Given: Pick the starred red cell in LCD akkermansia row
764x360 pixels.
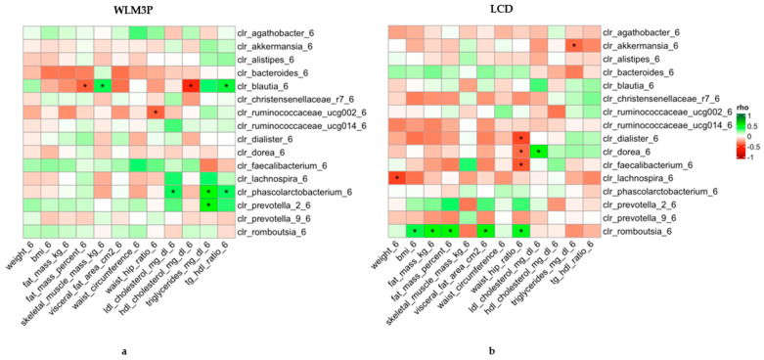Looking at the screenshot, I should click(574, 46).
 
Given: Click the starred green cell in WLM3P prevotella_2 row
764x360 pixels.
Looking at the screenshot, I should click(207, 204).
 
